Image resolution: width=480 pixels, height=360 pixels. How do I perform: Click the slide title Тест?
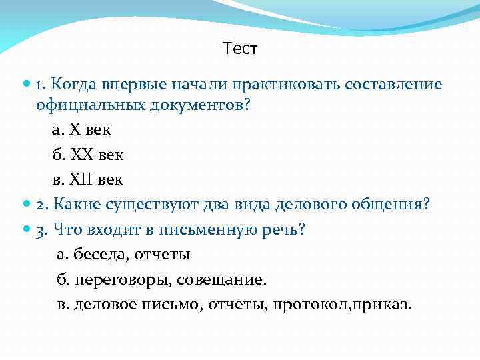click(240, 49)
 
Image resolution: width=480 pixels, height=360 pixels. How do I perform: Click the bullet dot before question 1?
click(27, 85)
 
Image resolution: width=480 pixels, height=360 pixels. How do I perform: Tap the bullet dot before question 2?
click(27, 204)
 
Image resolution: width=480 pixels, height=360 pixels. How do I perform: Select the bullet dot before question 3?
click(27, 229)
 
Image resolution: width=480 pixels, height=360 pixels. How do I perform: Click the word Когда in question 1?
click(74, 85)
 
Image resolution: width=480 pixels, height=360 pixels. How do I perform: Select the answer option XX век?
click(87, 154)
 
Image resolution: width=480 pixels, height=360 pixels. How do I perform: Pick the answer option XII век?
click(87, 179)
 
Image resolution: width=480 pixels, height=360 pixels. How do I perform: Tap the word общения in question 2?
click(389, 204)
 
